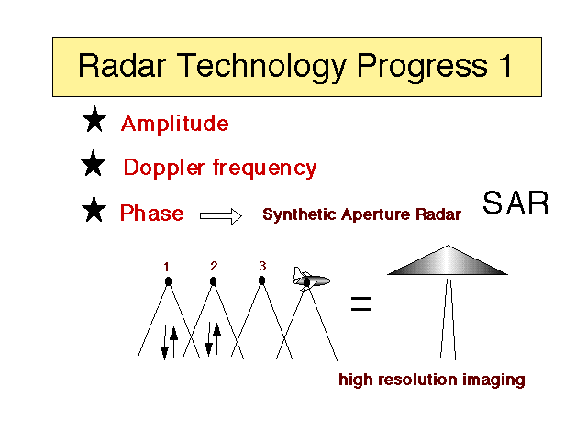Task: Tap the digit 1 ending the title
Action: click(505, 65)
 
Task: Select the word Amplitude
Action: click(175, 123)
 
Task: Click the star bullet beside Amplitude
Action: click(94, 119)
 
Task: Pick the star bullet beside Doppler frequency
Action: click(94, 163)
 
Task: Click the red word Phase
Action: click(152, 213)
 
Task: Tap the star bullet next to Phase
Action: click(94, 209)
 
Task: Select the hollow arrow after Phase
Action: click(221, 216)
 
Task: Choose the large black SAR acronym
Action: click(515, 203)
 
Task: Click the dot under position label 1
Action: click(168, 281)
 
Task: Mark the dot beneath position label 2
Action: click(213, 281)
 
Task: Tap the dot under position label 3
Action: click(261, 280)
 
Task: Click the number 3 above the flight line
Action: click(262, 266)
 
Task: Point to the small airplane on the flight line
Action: click(311, 279)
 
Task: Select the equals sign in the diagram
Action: click(361, 303)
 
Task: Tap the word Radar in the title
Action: click(122, 65)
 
